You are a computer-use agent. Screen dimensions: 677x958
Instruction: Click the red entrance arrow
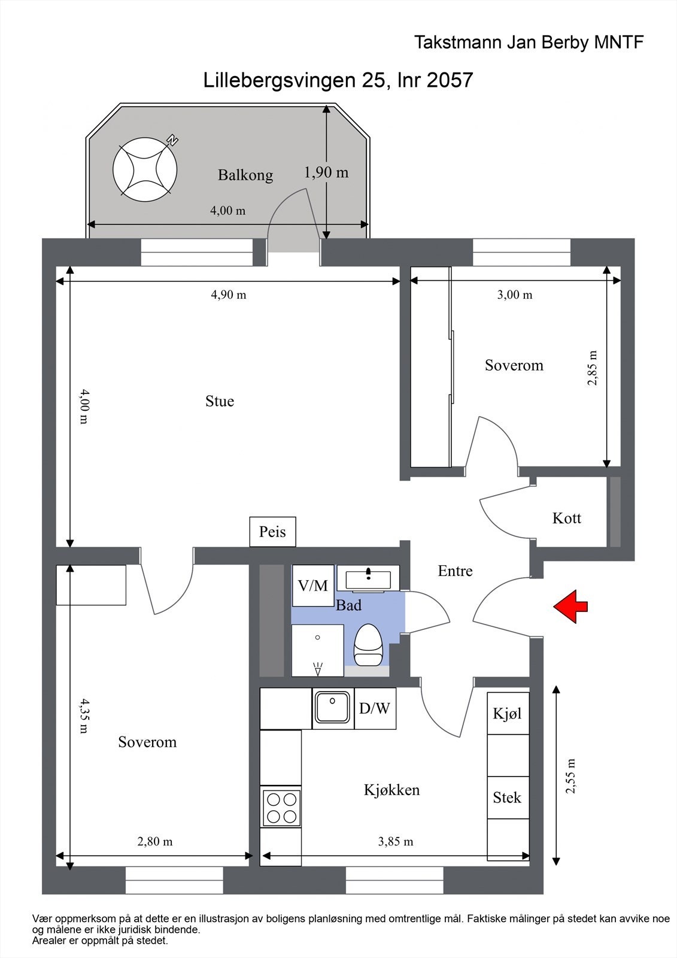pyautogui.click(x=570, y=606)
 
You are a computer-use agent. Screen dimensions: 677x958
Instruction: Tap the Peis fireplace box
pyautogui.click(x=273, y=532)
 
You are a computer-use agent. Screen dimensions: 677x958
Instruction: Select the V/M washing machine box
pyautogui.click(x=313, y=586)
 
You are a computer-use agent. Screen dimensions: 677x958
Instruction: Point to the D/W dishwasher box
pyautogui.click(x=375, y=708)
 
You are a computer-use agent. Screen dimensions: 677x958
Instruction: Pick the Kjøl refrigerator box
pyautogui.click(x=508, y=713)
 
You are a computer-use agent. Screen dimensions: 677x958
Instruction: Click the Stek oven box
pyautogui.click(x=508, y=797)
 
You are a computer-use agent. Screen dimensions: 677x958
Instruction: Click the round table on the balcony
pyautogui.click(x=145, y=170)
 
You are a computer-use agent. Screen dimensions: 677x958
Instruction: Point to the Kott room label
pyautogui.click(x=567, y=519)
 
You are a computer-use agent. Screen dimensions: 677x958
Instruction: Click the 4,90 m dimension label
pyautogui.click(x=229, y=295)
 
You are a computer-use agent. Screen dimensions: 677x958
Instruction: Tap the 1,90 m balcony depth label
pyautogui.click(x=326, y=172)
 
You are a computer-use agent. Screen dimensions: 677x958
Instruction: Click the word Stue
pyautogui.click(x=220, y=401)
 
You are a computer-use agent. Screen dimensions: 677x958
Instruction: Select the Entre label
pyautogui.click(x=455, y=571)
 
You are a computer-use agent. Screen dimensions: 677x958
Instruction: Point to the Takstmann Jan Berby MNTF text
pyautogui.click(x=529, y=43)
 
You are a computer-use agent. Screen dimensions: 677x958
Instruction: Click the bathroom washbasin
pyautogui.click(x=368, y=578)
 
